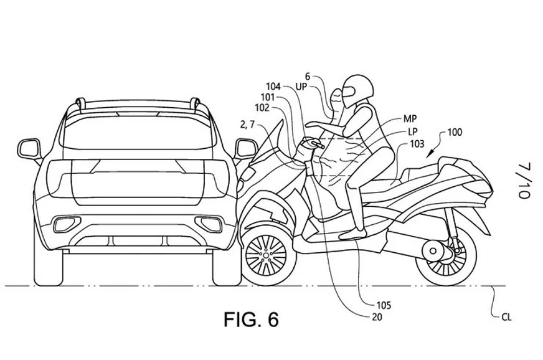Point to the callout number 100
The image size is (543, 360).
455,132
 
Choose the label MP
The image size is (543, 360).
410,118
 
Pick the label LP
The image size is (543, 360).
412,131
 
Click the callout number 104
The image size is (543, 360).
273,87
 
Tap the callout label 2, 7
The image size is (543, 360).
247,125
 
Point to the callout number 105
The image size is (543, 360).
383,306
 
